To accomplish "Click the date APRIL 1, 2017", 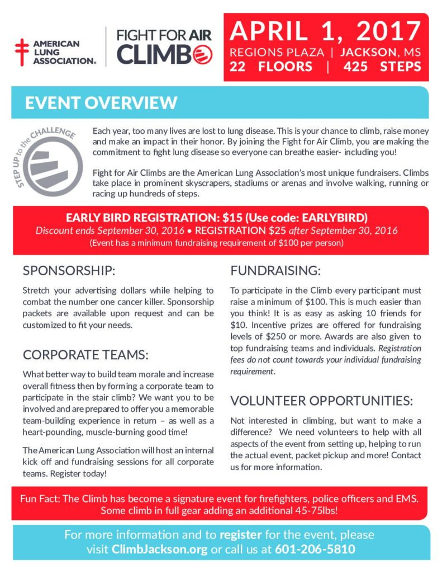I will (325, 31).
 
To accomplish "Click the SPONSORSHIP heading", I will (69, 271).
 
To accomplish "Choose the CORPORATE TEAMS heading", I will (85, 354).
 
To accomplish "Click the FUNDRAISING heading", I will (276, 271).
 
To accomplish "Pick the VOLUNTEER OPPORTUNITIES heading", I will (322, 401).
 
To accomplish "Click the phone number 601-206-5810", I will (315, 549).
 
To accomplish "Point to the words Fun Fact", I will (40, 499).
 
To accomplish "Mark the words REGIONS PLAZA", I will (277, 53).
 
